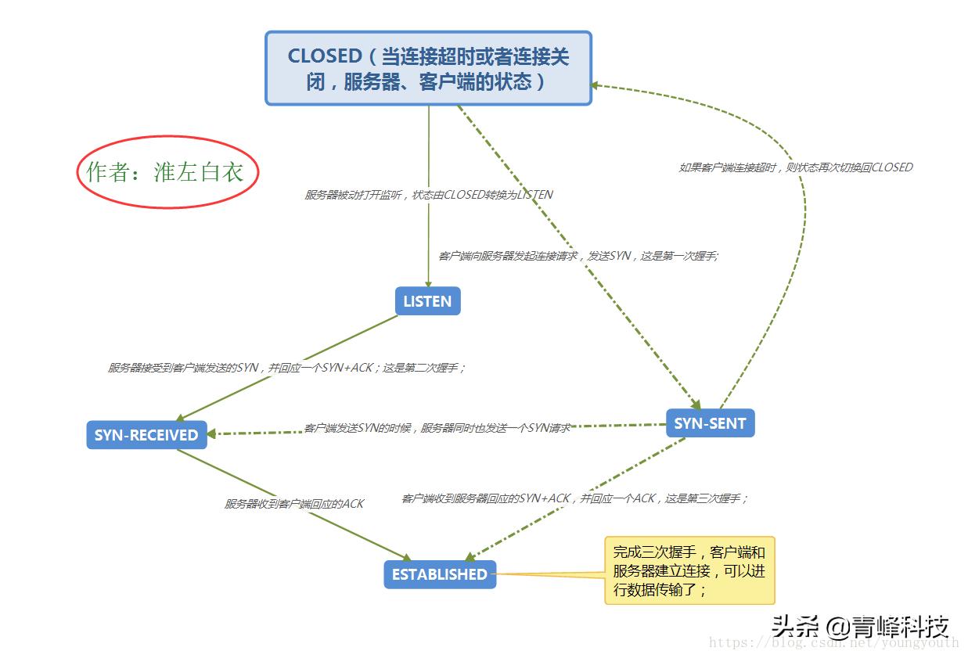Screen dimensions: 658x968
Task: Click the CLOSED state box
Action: coord(428,68)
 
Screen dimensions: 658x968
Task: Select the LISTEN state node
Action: coord(427,301)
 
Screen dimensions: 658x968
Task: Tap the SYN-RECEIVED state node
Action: coord(146,435)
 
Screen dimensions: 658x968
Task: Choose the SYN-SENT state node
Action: coord(710,423)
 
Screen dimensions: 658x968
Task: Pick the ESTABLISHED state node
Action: coord(439,574)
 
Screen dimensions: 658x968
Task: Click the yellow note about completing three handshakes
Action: coord(689,570)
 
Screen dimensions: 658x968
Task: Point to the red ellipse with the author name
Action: coord(167,172)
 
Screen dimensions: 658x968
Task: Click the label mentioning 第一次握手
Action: coord(578,256)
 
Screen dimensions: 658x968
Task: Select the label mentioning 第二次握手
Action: coord(286,367)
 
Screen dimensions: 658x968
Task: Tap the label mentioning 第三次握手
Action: coord(574,498)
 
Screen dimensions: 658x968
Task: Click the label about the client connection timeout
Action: coord(795,167)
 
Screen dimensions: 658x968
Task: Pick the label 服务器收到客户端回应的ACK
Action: coord(294,504)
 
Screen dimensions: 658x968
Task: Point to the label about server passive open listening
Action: coord(428,195)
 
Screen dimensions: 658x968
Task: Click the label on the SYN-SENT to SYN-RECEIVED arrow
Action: coord(437,428)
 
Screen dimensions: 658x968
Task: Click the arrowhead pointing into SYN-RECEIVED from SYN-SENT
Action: coord(213,433)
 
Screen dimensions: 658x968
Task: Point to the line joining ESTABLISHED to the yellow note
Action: coord(550,574)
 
